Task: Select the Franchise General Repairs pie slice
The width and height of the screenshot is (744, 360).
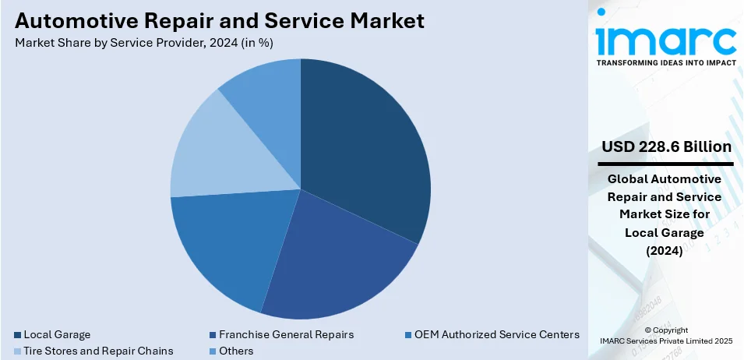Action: point(335,257)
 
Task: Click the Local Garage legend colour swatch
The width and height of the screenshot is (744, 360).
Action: point(18,335)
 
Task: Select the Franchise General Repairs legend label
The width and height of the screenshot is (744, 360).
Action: point(287,335)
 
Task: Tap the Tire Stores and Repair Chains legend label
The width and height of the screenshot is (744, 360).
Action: point(99,351)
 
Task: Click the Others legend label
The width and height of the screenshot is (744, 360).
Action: point(236,351)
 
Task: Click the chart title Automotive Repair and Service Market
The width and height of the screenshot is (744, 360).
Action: point(220,20)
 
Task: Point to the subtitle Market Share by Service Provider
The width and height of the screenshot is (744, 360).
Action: point(144,42)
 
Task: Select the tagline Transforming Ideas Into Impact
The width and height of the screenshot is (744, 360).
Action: point(665,62)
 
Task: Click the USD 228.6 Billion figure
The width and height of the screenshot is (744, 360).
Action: point(665,147)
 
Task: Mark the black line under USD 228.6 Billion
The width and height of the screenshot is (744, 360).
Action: point(665,164)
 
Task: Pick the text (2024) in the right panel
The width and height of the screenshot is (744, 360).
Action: point(665,250)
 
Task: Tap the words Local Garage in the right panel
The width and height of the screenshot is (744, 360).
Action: point(665,232)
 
